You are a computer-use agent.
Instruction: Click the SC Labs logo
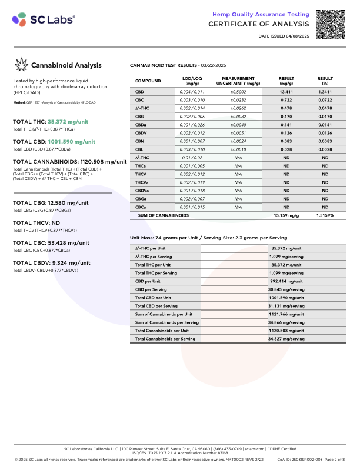pyautogui.click(x=44, y=19)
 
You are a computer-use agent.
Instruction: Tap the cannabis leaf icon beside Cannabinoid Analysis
pyautogui.click(x=22, y=65)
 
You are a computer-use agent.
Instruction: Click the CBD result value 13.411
pyautogui.click(x=286, y=92)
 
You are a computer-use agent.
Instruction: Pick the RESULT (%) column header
pyautogui.click(x=325, y=81)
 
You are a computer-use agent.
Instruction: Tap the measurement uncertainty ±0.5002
pyautogui.click(x=238, y=92)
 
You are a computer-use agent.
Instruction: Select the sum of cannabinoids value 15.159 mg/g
pyautogui.click(x=286, y=216)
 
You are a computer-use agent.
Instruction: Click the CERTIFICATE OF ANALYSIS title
pyautogui.click(x=258, y=24)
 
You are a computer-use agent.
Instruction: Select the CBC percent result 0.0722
pyautogui.click(x=325, y=101)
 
